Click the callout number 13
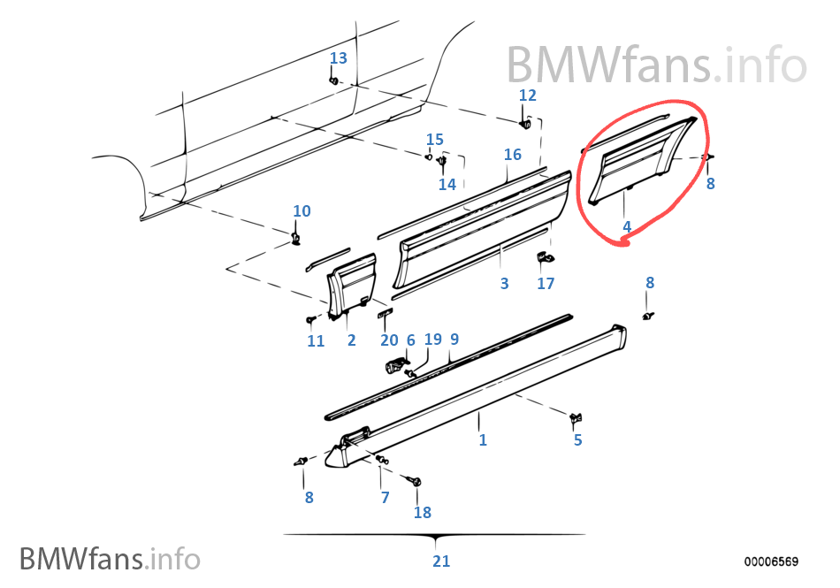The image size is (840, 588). pos(339,58)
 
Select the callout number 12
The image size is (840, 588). pos(527,95)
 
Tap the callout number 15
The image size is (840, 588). pos(435,140)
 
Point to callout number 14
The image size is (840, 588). pos(447,184)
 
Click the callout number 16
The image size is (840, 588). pos(513,155)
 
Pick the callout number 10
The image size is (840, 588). pos(302,211)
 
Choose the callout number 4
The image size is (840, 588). pos(627,227)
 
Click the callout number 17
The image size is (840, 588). pos(546,284)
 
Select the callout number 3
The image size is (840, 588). pos(504,284)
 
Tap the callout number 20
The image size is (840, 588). pos(389,340)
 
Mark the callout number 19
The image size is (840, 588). pos(432,340)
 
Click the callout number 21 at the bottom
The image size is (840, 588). pos(441,561)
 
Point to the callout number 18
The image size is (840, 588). pos(422,513)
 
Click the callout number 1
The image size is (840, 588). pos(483,439)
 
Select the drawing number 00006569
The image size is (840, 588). pos(771,561)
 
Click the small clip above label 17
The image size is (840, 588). pos(545,257)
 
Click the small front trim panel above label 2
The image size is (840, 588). pos(352,283)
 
